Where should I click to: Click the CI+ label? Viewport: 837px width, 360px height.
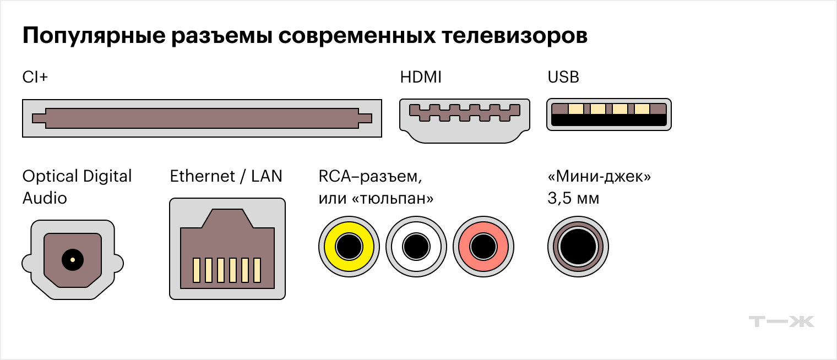click(35, 77)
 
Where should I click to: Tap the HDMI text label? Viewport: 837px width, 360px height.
click(421, 77)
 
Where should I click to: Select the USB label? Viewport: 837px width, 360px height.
click(563, 77)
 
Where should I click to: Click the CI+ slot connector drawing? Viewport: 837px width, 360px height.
click(202, 118)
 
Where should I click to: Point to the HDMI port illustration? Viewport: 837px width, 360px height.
click(464, 120)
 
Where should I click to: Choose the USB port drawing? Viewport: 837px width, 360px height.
click(608, 114)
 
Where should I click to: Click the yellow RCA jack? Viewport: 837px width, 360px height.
click(349, 246)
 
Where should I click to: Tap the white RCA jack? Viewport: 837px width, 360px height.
click(416, 246)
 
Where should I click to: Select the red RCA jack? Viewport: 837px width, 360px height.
click(483, 246)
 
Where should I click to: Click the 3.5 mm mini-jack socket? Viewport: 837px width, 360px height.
click(578, 246)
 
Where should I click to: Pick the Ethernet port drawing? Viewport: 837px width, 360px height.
click(227, 249)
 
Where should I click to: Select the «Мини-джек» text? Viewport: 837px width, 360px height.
click(599, 177)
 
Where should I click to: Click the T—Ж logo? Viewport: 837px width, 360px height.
click(782, 321)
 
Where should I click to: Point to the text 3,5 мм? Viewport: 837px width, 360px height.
click(573, 198)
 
